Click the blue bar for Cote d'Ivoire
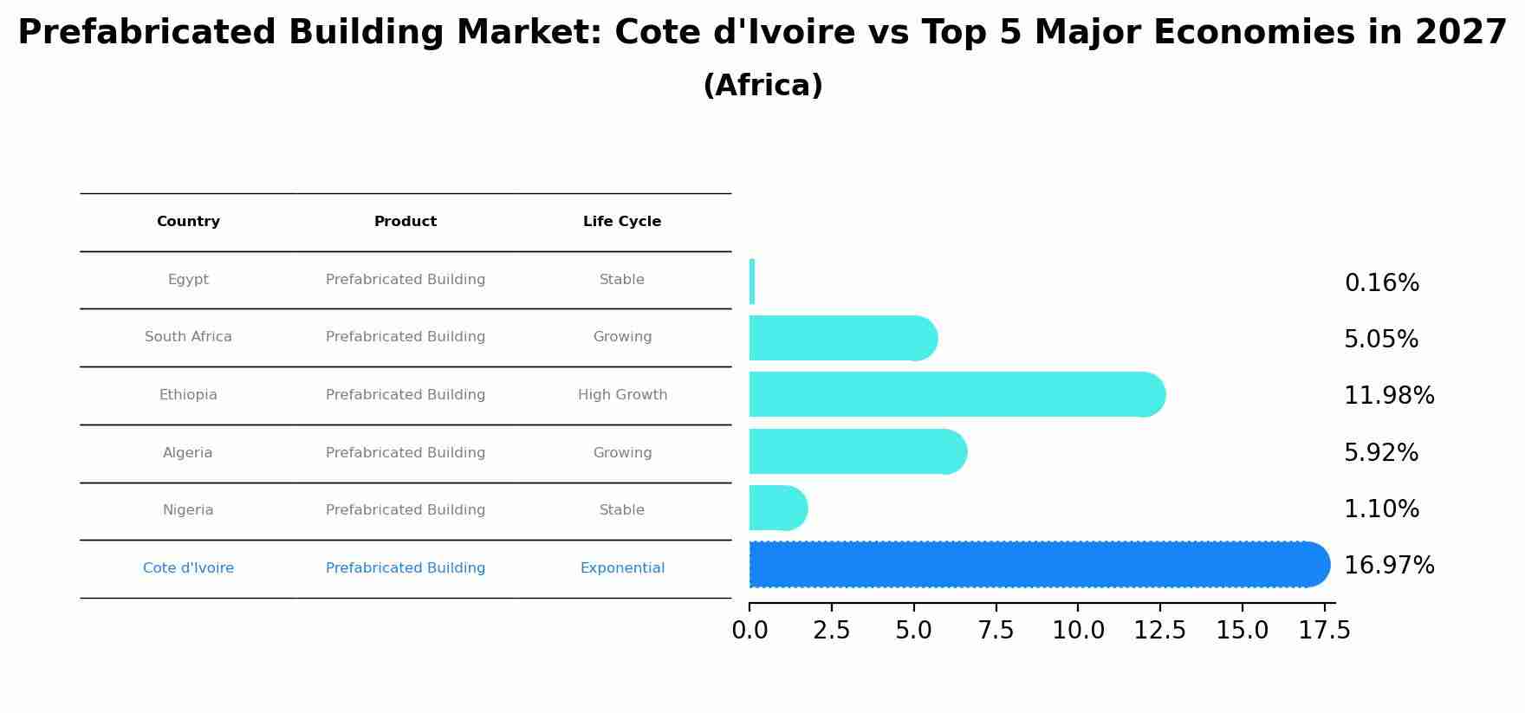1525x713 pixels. pyautogui.click(x=1031, y=565)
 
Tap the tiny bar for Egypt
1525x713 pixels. pyautogui.click(x=752, y=282)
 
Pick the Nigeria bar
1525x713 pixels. pyautogui.click(x=775, y=509)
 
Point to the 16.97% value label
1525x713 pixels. pyautogui.click(x=1389, y=566)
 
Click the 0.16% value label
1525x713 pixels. pyautogui.click(x=1381, y=283)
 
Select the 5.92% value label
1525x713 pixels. pyautogui.click(x=1380, y=453)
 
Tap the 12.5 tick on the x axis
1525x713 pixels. pyautogui.click(x=1160, y=631)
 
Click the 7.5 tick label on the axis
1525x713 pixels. pyautogui.click(x=996, y=631)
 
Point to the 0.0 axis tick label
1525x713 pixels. pyautogui.click(x=750, y=631)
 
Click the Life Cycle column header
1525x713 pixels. pyautogui.click(x=622, y=222)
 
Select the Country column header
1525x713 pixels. pyautogui.click(x=188, y=222)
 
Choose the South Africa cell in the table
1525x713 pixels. pyautogui.click(x=188, y=337)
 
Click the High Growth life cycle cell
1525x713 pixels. pyautogui.click(x=622, y=395)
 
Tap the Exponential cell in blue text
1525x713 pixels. pyautogui.click(x=622, y=568)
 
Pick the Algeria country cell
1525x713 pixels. pyautogui.click(x=188, y=453)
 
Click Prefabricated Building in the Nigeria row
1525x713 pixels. pyautogui.click(x=406, y=510)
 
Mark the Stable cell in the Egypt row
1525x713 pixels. pyautogui.click(x=622, y=280)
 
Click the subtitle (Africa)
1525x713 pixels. pyautogui.click(x=762, y=86)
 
